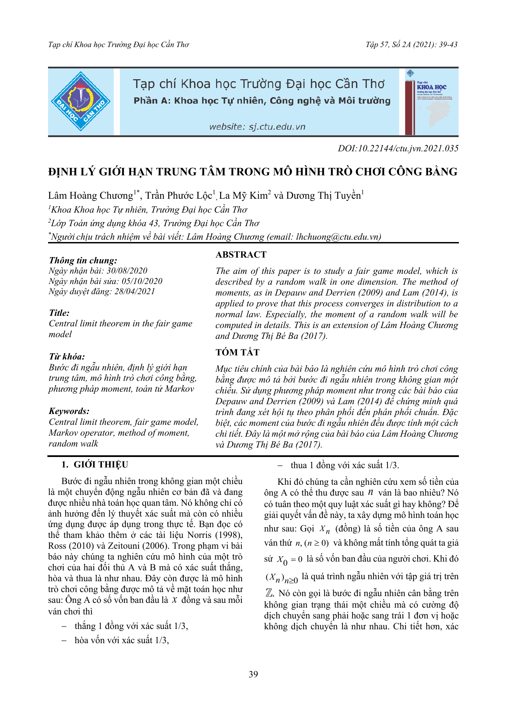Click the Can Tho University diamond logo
(x=81, y=101)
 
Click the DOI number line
(x=398, y=148)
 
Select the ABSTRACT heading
(x=241, y=255)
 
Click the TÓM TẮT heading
(x=237, y=352)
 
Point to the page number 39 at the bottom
(x=253, y=674)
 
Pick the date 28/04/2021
(x=134, y=291)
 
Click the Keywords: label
(x=69, y=411)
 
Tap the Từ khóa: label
(x=67, y=356)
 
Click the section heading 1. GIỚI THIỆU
(x=95, y=464)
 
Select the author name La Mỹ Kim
(x=244, y=196)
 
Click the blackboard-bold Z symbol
(x=269, y=593)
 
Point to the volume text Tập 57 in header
(x=377, y=45)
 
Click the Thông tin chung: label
(x=83, y=260)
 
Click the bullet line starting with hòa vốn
(x=122, y=640)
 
